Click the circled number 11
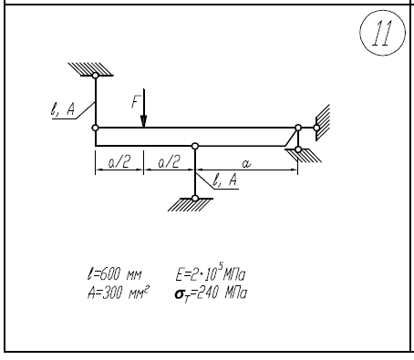coord(382,33)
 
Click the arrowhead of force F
coord(144,121)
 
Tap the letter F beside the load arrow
coord(136,102)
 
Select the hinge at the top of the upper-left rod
coord(96,76)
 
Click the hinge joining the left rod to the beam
coord(96,128)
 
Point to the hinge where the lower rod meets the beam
coord(195,146)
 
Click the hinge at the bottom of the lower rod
coord(195,199)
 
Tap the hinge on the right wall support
coord(316,128)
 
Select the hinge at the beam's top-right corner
coord(298,128)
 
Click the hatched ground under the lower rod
coord(191,205)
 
